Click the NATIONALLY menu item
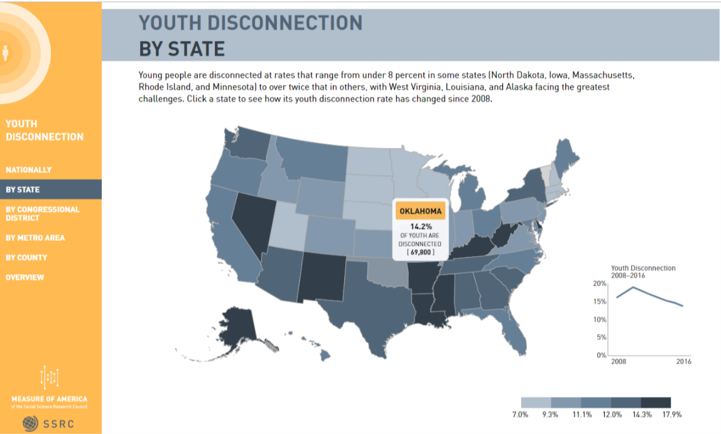pos(29,170)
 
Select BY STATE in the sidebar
pos(23,189)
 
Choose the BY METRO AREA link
pos(36,238)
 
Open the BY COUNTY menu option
pos(27,257)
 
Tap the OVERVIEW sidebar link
pos(25,277)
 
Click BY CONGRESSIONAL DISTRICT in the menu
pos(43,213)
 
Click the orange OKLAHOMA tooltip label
pos(421,211)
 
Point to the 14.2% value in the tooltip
pos(421,226)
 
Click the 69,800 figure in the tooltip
pos(421,252)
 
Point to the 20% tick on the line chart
pos(600,284)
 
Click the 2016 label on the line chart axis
pos(683,362)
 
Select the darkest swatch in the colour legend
pos(656,402)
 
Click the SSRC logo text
pos(59,423)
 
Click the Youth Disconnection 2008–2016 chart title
pos(643,272)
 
